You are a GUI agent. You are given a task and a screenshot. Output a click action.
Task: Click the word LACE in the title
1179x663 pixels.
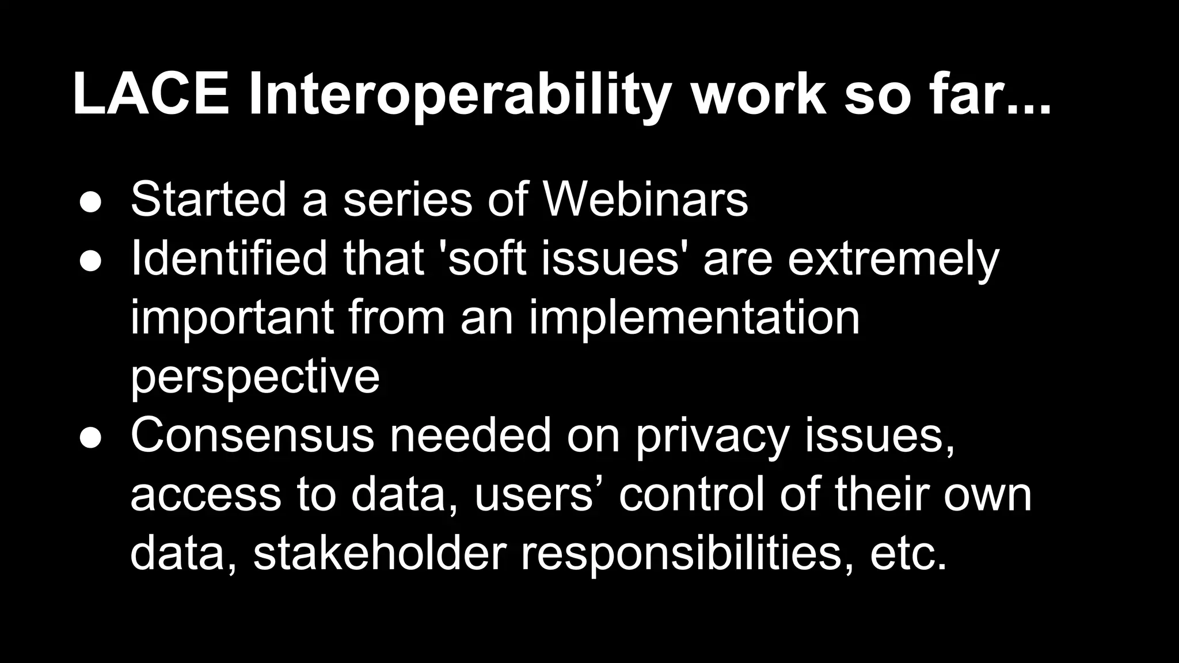[151, 94]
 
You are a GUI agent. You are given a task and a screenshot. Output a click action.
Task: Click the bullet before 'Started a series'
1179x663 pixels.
[90, 202]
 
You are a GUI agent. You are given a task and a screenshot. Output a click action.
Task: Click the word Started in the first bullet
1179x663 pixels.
[208, 199]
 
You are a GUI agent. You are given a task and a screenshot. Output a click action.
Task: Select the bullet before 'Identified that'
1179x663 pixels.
[90, 261]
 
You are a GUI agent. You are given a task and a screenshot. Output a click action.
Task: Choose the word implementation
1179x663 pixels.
[694, 319]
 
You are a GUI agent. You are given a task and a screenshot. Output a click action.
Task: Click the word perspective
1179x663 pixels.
[254, 378]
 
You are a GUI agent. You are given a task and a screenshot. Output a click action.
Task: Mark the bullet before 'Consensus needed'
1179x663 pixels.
[90, 437]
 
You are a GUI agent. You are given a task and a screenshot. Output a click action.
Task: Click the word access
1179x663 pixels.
[206, 495]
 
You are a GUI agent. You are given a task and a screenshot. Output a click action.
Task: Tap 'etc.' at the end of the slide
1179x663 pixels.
[908, 554]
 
